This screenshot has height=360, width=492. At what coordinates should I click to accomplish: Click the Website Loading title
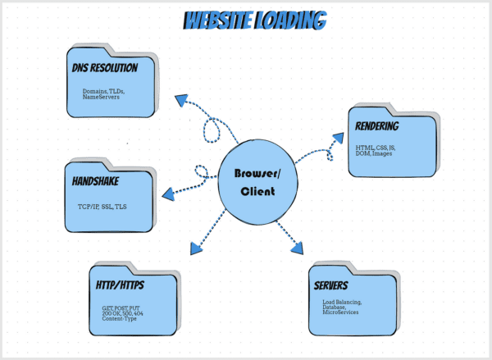point(253,21)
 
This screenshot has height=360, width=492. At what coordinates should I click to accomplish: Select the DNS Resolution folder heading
point(104,68)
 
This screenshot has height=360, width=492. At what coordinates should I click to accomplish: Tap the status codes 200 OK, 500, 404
point(117,313)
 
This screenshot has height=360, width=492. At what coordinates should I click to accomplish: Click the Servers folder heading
point(332,285)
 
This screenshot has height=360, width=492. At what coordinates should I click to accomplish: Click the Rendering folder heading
point(377,127)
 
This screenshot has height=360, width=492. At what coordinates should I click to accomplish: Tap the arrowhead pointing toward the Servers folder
point(296,247)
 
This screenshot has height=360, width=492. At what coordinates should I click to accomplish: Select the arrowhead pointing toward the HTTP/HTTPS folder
point(195,248)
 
